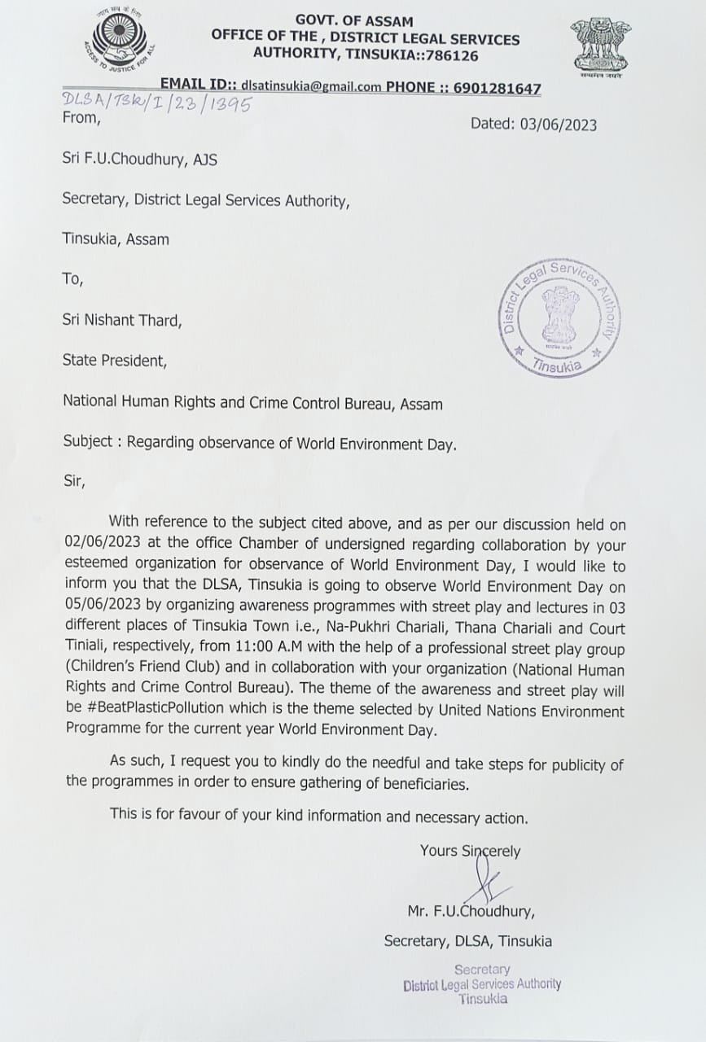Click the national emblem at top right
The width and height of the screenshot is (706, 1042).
601,46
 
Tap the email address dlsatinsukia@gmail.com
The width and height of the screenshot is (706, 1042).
317,87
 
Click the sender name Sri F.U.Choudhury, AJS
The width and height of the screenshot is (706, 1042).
140,160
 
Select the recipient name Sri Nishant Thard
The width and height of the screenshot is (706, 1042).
122,320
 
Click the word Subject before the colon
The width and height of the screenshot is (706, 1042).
88,441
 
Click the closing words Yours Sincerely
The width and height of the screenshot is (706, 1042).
470,851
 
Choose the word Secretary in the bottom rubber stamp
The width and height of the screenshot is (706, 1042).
482,969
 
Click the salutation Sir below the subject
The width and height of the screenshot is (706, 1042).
73,480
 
